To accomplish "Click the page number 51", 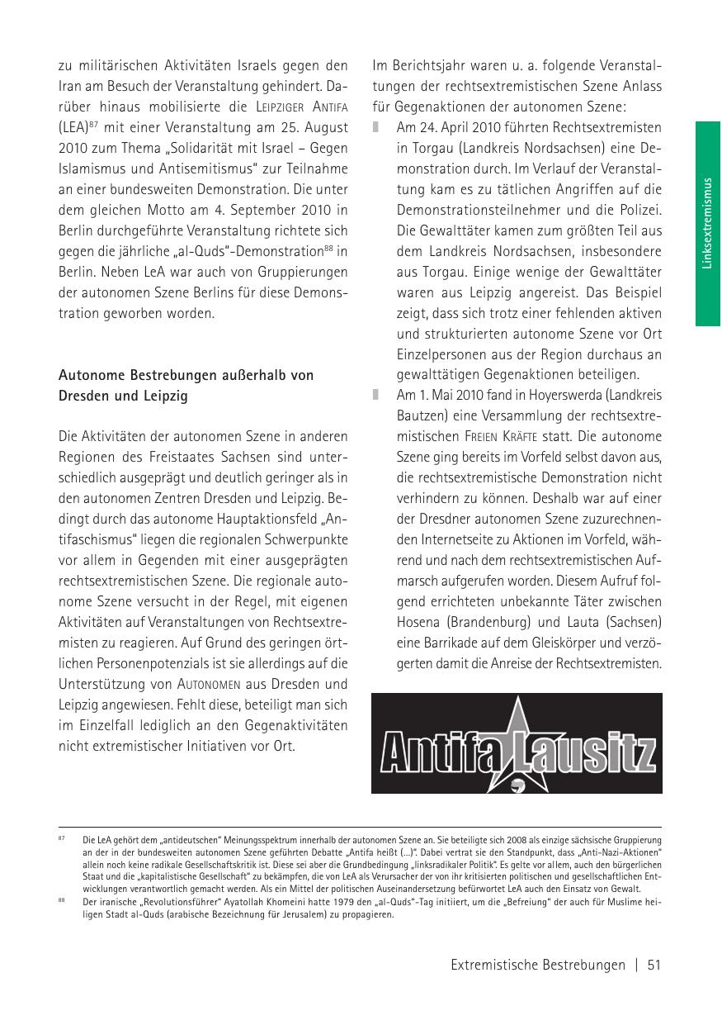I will [x=655, y=965].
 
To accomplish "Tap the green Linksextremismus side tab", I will [x=708, y=223].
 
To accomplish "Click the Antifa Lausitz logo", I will [x=517, y=743].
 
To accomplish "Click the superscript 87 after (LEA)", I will [x=95, y=124].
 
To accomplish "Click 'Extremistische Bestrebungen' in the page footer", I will [x=538, y=965].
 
